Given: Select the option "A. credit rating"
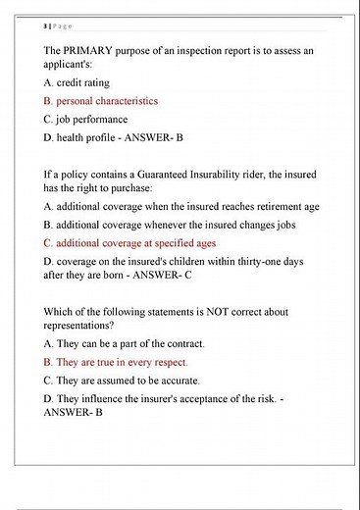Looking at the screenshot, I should pyautogui.click(x=78, y=83).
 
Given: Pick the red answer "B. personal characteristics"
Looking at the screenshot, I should pyautogui.click(x=101, y=101).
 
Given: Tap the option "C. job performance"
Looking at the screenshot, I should pyautogui.click(x=85, y=120).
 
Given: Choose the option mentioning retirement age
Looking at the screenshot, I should pyautogui.click(x=181, y=207).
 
